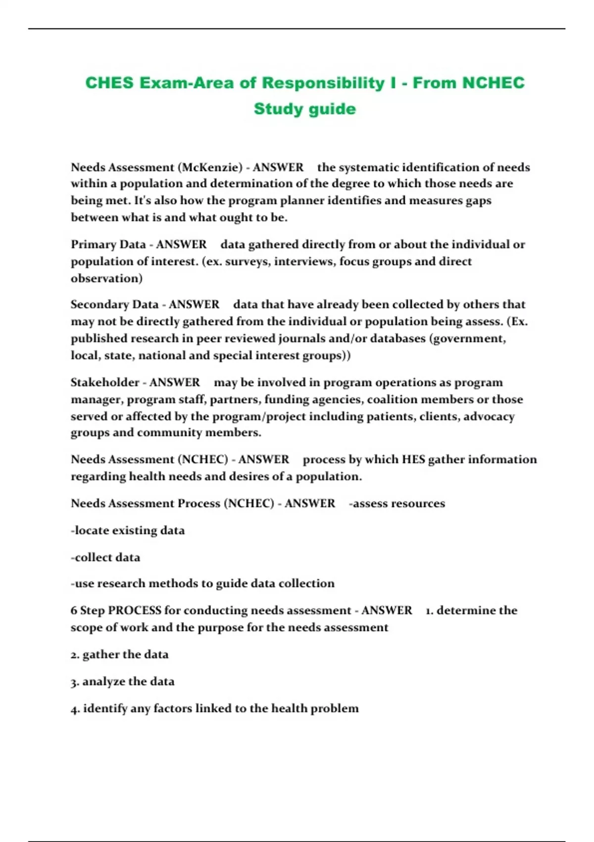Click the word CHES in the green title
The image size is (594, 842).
pos(109,83)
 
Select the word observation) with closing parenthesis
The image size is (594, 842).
pos(106,278)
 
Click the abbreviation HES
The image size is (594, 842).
pos(413,460)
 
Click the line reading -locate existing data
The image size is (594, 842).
pos(128,530)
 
